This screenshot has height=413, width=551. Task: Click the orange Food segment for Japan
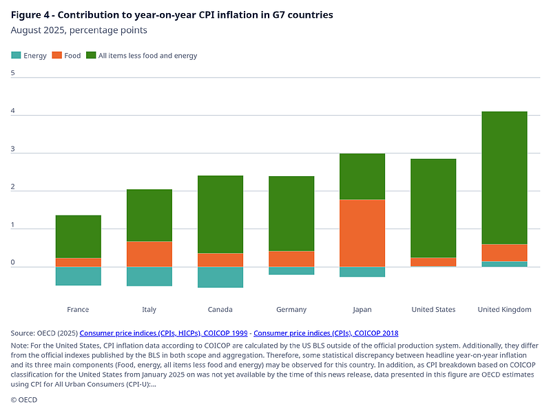tap(362, 233)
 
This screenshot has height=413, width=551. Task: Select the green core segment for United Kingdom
tap(504, 178)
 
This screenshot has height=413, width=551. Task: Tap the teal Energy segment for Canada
tap(220, 277)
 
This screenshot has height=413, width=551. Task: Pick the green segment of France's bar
tap(79, 237)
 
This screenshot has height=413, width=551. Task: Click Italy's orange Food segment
tap(149, 254)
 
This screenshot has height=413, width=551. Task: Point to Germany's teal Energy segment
tap(291, 271)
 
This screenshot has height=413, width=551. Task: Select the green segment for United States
tap(433, 208)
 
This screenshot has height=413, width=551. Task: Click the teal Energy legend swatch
tap(16, 55)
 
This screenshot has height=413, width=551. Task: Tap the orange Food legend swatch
tap(57, 55)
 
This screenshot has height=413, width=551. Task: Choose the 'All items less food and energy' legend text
tap(147, 55)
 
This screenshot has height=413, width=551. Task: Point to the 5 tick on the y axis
tap(13, 72)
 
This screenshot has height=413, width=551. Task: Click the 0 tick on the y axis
tap(13, 262)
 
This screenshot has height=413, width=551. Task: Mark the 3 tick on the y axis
tap(13, 148)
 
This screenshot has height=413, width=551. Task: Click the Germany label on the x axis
tap(291, 310)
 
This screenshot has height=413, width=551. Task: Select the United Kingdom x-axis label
tap(504, 310)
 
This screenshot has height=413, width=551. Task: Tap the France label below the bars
tap(79, 310)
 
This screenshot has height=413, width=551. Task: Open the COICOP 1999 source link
tap(164, 333)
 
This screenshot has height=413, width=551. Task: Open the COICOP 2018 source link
tap(326, 333)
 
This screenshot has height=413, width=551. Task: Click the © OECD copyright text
tap(24, 400)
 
